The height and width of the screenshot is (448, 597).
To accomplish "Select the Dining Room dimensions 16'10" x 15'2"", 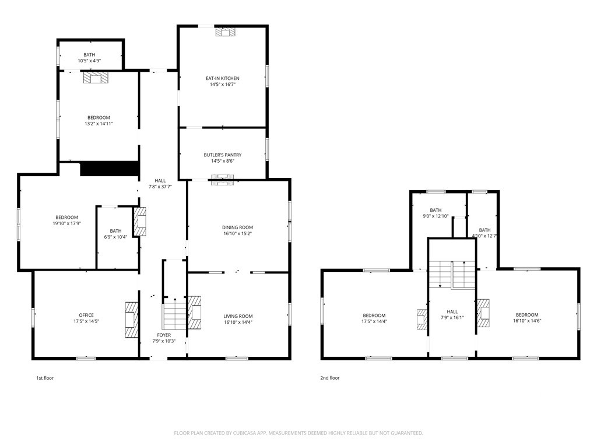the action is (x=238, y=233).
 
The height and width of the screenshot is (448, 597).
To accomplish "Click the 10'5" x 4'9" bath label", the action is (x=89, y=58).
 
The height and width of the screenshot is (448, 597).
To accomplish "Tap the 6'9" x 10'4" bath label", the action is (x=116, y=233).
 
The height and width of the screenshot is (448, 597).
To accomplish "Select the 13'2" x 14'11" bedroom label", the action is (x=99, y=120).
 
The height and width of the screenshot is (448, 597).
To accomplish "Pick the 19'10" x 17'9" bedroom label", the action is (x=66, y=220).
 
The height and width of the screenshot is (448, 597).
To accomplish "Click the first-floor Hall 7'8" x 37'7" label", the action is (x=160, y=184).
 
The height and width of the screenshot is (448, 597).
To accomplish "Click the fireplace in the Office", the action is (x=132, y=320).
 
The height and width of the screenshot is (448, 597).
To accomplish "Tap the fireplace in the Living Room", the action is (x=195, y=313).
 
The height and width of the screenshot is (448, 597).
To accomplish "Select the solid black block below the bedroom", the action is (x=109, y=169).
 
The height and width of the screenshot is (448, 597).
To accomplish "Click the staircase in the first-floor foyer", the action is (x=174, y=314).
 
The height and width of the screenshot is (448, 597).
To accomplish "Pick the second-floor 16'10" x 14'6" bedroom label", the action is (x=527, y=318).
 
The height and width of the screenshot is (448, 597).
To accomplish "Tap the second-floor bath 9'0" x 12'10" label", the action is (x=436, y=213).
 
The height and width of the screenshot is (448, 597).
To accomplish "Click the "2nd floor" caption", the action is (x=330, y=378).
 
